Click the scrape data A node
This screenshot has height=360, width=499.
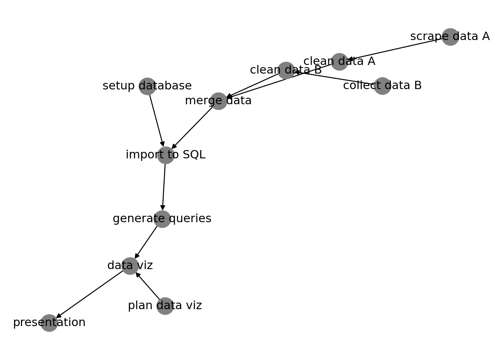(450, 37)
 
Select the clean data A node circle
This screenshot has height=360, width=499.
(339, 62)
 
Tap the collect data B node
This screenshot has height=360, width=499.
(382, 86)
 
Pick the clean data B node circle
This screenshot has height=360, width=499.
(286, 70)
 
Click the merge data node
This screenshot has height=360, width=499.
(218, 101)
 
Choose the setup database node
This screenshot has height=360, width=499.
(147, 86)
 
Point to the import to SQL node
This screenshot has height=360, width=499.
(166, 155)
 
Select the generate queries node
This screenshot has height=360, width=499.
(162, 219)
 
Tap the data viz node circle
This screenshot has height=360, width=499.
(130, 266)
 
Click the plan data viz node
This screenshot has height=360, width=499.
(165, 306)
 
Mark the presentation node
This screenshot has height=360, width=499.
(49, 323)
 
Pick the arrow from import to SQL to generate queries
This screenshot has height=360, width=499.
(164, 187)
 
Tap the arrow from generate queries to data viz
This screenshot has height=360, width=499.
(146, 242)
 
